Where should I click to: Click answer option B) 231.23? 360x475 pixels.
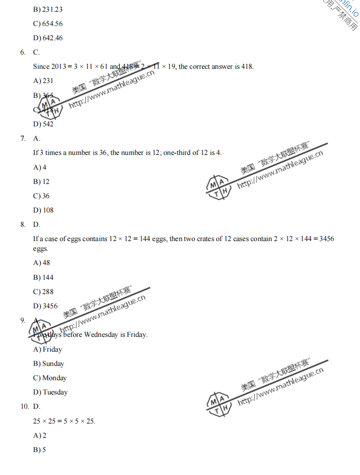pyautogui.click(x=48, y=9)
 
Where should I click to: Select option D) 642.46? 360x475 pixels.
pyautogui.click(x=48, y=38)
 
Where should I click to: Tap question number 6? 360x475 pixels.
pyautogui.click(x=23, y=52)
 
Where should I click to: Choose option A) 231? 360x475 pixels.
pyautogui.click(x=43, y=81)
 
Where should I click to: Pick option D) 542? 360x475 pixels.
pyautogui.click(x=43, y=124)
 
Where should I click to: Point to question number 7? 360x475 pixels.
pyautogui.click(x=23, y=138)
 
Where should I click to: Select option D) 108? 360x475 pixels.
pyautogui.click(x=43, y=210)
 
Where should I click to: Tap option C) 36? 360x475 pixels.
pyautogui.click(x=42, y=196)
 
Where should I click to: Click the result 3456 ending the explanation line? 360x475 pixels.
pyautogui.click(x=326, y=239)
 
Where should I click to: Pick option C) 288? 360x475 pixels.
pyautogui.click(x=43, y=292)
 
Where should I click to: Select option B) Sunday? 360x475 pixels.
pyautogui.click(x=49, y=363)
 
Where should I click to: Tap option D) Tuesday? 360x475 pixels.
pyautogui.click(x=50, y=392)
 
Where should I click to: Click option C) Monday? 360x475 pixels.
pyautogui.click(x=50, y=378)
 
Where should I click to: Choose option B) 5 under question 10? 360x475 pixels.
pyautogui.click(x=40, y=450)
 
